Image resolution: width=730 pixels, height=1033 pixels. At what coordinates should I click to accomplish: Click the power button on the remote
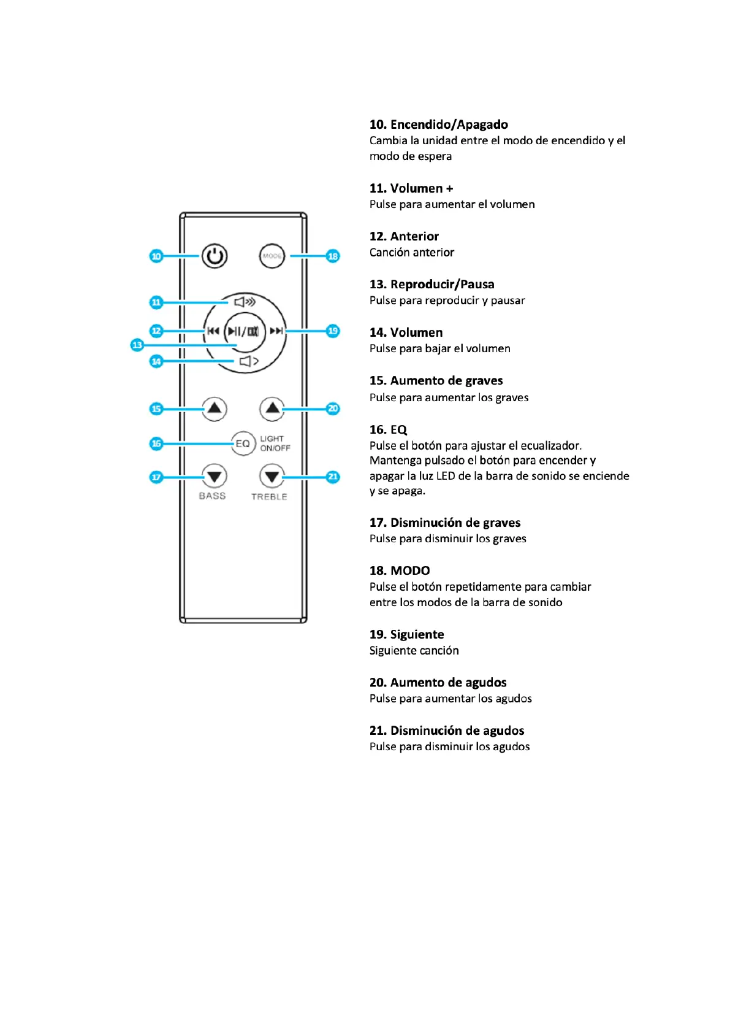[x=215, y=256]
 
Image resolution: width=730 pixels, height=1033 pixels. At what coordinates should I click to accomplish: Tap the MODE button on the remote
[x=272, y=256]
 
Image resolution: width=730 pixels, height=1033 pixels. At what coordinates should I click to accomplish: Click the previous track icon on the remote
[x=213, y=331]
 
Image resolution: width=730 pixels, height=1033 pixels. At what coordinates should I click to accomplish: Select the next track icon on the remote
[x=276, y=331]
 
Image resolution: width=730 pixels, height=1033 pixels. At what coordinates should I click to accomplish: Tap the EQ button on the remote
[x=243, y=444]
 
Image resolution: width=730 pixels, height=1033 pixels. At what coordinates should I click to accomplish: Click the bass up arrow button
[x=214, y=409]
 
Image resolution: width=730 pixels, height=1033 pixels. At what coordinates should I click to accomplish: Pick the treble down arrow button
[x=272, y=476]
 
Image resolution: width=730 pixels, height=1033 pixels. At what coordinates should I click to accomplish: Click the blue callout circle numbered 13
[x=137, y=345]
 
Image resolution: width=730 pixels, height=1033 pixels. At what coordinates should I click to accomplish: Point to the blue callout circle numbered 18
[x=333, y=256]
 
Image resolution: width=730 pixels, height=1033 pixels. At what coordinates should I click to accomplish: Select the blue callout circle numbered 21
[x=333, y=477]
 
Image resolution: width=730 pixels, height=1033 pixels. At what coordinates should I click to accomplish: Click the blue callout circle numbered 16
[x=156, y=444]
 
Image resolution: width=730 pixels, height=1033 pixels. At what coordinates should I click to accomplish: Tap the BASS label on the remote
[x=212, y=496]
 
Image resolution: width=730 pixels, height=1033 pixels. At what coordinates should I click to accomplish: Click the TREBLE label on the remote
[x=269, y=497]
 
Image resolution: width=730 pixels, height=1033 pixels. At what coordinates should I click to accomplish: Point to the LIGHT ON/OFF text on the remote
[x=275, y=444]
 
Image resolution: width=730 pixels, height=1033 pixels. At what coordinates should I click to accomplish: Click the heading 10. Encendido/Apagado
[x=438, y=125]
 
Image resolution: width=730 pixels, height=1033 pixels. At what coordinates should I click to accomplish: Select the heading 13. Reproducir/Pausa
[x=432, y=284]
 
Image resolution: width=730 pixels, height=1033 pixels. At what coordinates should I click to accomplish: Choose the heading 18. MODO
[x=399, y=570]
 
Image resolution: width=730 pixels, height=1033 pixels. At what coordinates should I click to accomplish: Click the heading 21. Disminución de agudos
[x=446, y=731]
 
